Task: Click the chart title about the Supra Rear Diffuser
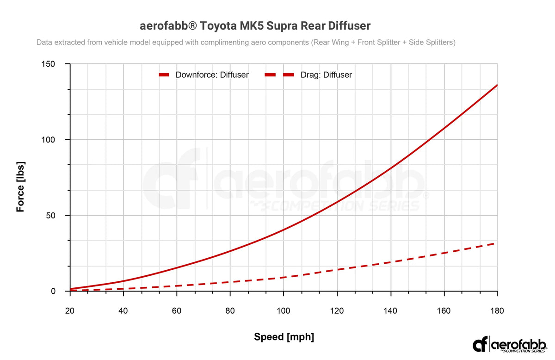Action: (255, 25)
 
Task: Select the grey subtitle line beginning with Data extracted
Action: (246, 42)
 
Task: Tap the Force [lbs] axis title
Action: (20, 186)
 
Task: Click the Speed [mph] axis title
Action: (284, 337)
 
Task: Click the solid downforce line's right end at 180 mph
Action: (497, 85)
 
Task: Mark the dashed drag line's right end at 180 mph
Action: (496, 243)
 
